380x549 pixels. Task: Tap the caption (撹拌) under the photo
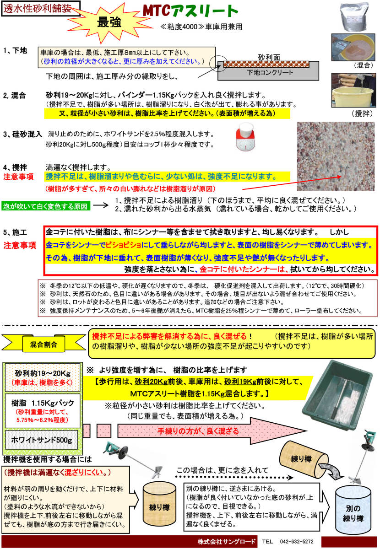pos(361,113)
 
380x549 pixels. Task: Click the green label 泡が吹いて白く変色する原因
pos(46,206)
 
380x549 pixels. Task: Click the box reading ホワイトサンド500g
pos(42,440)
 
